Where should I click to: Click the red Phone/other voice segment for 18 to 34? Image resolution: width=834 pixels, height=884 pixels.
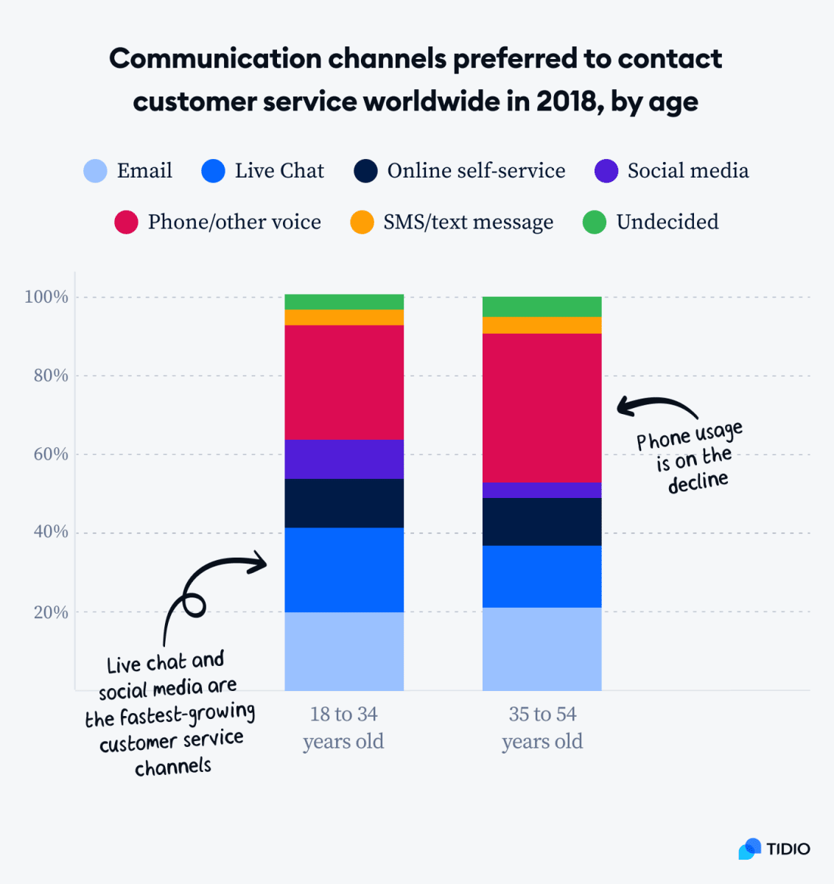coord(344,382)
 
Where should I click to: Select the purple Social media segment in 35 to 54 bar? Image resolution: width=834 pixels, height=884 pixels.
coord(542,490)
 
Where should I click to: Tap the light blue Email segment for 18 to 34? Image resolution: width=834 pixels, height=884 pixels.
coord(344,651)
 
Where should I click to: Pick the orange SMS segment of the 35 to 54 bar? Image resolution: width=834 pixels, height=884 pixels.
coord(542,325)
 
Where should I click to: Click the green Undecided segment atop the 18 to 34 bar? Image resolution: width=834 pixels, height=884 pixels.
coord(344,301)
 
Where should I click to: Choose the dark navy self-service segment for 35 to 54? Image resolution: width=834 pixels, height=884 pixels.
coord(542,522)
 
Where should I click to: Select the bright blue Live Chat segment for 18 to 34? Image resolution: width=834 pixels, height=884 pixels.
coord(344,569)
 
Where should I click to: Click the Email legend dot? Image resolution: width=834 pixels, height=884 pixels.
coord(96,171)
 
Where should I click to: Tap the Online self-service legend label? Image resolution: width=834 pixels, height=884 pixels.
coord(476,171)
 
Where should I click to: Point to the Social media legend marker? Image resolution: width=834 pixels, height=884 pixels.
coord(606,171)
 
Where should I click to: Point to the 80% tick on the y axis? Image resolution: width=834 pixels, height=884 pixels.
coord(51,376)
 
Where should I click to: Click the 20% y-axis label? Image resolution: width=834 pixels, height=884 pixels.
coord(51,612)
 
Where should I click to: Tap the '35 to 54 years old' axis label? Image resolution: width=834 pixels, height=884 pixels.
coord(542,727)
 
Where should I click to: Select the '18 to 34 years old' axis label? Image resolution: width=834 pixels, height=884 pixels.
coord(343,727)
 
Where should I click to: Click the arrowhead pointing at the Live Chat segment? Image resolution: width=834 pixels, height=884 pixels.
coord(259,564)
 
